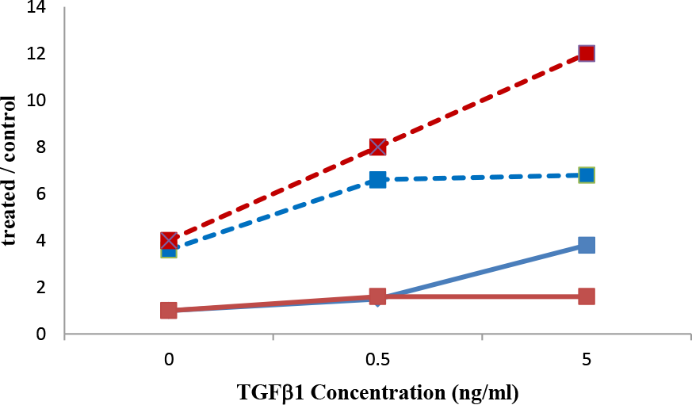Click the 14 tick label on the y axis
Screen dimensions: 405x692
[37, 8]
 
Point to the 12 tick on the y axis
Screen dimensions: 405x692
[37, 54]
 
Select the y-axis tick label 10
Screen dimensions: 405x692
[37, 101]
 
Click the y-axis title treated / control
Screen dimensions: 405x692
[11, 170]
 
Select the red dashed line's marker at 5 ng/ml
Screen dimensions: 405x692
[587, 54]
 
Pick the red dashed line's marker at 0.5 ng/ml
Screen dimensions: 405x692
[377, 147]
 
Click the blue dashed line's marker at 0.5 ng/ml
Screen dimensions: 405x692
[377, 180]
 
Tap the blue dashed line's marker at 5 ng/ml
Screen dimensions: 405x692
[587, 175]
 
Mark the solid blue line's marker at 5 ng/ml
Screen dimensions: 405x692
[587, 245]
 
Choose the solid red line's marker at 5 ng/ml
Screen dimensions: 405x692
[587, 296]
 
